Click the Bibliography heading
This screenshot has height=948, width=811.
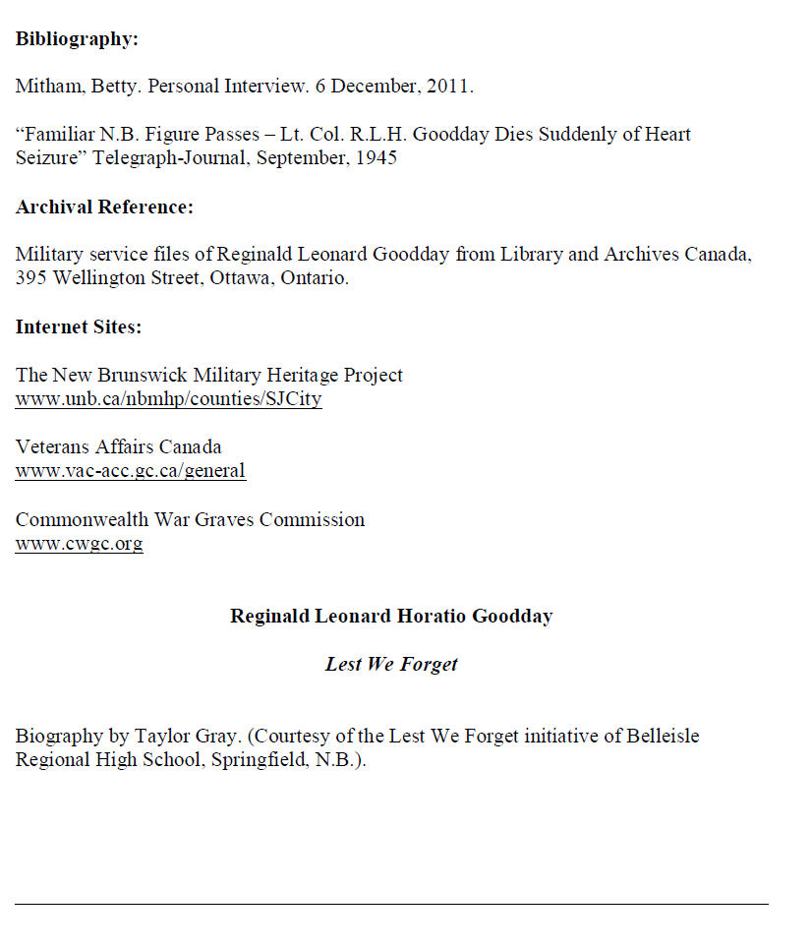point(77,39)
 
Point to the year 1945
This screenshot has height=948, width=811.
point(376,157)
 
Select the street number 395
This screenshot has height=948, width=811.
point(30,278)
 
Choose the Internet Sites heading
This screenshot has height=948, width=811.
point(79,327)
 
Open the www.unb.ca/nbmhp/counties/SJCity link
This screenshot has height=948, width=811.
point(168,399)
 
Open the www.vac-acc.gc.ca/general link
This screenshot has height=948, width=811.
point(130,471)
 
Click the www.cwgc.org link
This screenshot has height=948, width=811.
point(79,544)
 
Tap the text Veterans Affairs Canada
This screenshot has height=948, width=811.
point(118,447)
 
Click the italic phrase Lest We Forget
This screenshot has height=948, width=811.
point(391,665)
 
